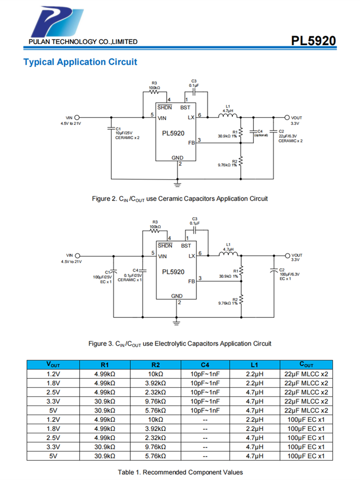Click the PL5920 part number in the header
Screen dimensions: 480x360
[x=313, y=41]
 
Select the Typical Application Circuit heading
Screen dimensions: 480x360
[x=80, y=62]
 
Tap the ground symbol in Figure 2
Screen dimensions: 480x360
[x=177, y=183]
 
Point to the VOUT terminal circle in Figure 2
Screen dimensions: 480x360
[x=287, y=117]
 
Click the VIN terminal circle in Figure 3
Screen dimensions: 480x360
[x=76, y=255]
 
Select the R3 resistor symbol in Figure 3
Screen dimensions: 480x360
[x=155, y=231]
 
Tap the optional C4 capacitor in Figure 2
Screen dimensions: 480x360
[x=254, y=131]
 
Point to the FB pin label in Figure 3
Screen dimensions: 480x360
[x=191, y=281]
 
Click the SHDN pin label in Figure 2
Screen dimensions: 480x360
[x=165, y=108]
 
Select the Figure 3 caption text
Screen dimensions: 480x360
[x=180, y=343]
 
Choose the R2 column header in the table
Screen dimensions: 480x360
[x=155, y=364]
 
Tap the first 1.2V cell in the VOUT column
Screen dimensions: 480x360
[x=53, y=372]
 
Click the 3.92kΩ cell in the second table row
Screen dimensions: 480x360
[x=155, y=383]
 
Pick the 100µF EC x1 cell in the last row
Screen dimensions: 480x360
[x=306, y=456]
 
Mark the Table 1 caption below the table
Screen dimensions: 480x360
[x=180, y=472]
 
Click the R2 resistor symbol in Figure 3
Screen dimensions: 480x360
[x=241, y=300]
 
